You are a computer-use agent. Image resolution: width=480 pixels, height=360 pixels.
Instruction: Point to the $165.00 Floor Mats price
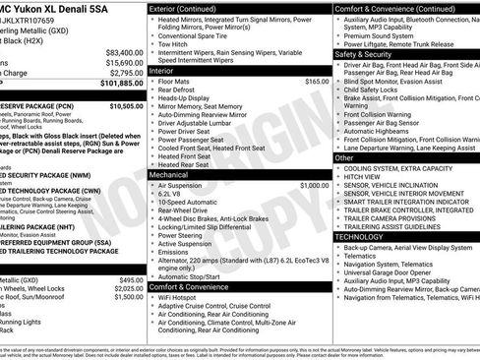click(x=317, y=82)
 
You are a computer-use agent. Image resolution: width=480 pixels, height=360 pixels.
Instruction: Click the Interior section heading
click(x=166, y=71)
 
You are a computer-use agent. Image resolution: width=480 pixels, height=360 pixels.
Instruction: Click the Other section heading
click(x=344, y=157)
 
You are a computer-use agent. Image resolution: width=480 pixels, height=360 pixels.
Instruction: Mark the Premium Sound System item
click(x=383, y=33)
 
